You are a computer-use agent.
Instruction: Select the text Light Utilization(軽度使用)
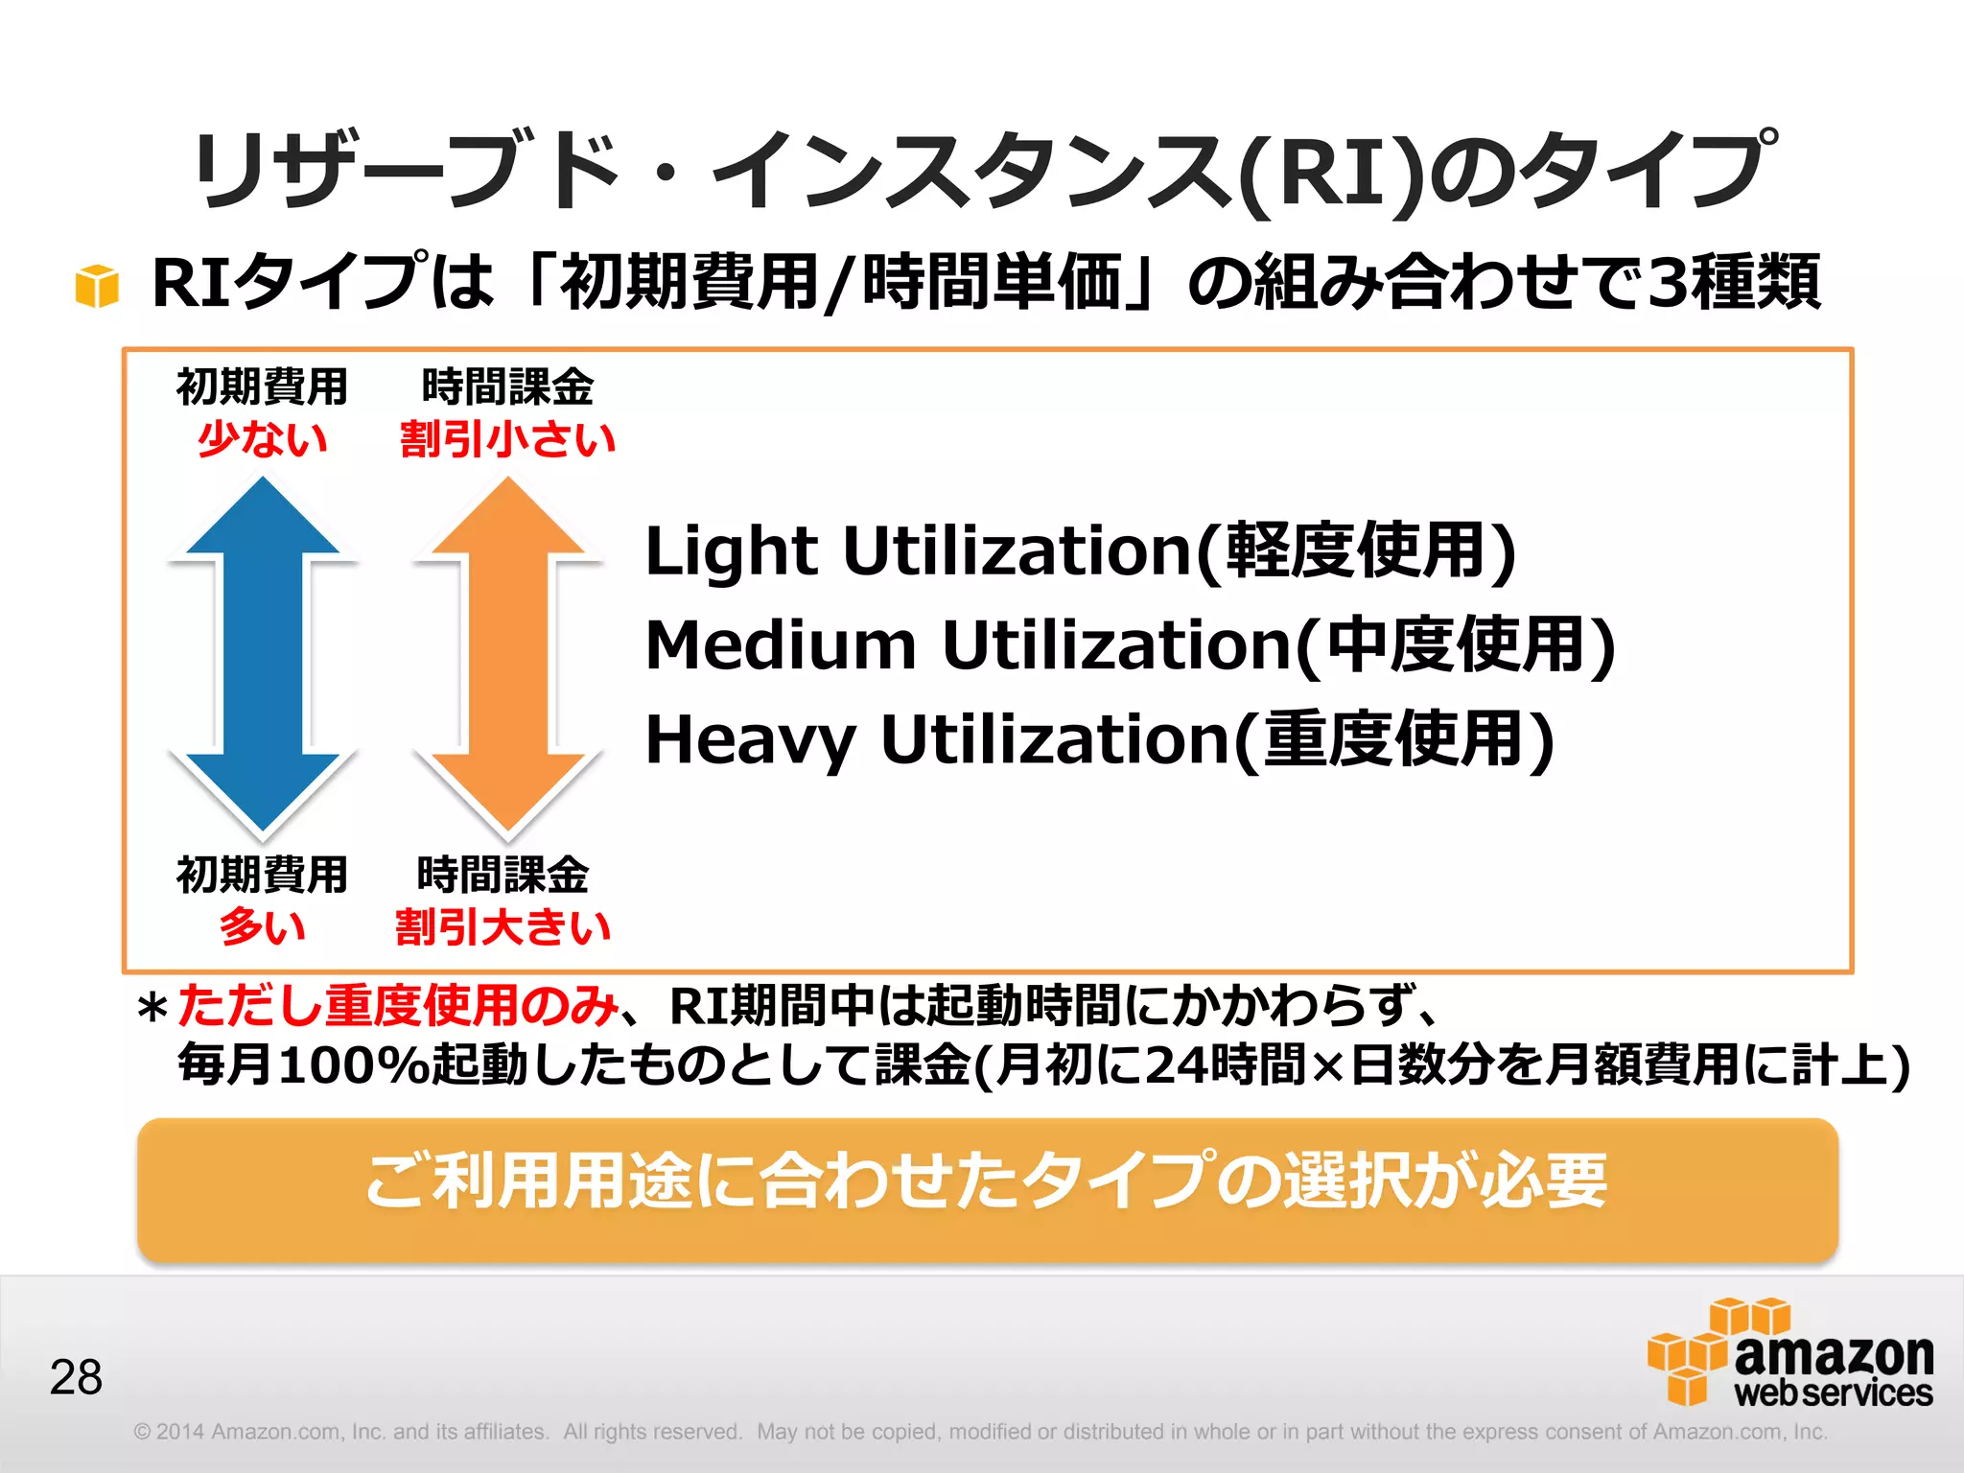click(1080, 551)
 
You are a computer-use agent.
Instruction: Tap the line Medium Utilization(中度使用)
click(1130, 645)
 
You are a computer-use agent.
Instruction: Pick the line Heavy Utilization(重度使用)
click(1099, 739)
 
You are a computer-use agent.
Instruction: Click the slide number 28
click(76, 1377)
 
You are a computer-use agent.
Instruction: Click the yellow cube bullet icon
click(97, 286)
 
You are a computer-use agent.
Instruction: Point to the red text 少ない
click(263, 439)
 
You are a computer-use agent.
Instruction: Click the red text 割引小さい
click(507, 439)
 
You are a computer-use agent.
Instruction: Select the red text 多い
click(263, 927)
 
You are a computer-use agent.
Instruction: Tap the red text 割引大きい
click(503, 927)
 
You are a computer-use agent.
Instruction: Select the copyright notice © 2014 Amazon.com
click(340, 1432)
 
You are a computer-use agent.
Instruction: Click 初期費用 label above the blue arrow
click(263, 386)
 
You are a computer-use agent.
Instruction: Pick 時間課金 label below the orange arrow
click(503, 875)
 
